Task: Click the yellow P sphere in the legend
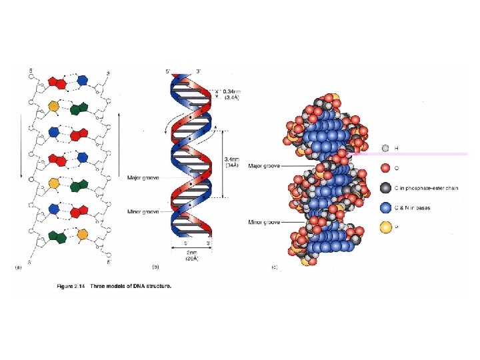(x=385, y=228)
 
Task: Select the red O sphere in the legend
(x=385, y=167)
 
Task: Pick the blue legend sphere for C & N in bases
(x=385, y=207)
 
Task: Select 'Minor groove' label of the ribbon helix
(x=142, y=212)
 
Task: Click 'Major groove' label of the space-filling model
(x=263, y=165)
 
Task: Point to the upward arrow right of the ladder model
(x=119, y=140)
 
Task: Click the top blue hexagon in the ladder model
(x=83, y=80)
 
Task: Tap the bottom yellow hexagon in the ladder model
(x=83, y=234)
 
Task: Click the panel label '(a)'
(x=19, y=268)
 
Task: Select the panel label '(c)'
(x=274, y=268)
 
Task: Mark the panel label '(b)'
(x=155, y=268)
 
